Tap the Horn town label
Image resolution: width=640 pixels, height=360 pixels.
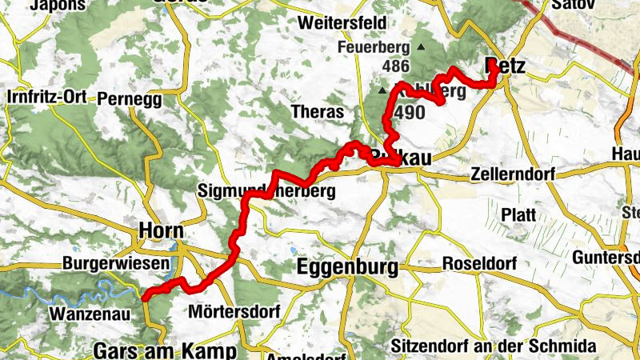pyautogui.click(x=161, y=230)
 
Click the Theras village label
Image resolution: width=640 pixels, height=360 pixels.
pyautogui.click(x=318, y=112)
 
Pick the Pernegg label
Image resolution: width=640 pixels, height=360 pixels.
pyautogui.click(x=129, y=100)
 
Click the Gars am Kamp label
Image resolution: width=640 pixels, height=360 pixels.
pyautogui.click(x=166, y=351)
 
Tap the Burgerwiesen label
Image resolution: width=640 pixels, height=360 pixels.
pyautogui.click(x=117, y=263)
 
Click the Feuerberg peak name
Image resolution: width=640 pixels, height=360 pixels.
pyautogui.click(x=373, y=47)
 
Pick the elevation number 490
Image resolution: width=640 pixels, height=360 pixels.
pyautogui.click(x=409, y=113)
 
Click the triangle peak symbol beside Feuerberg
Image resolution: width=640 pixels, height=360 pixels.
pyautogui.click(x=421, y=47)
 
